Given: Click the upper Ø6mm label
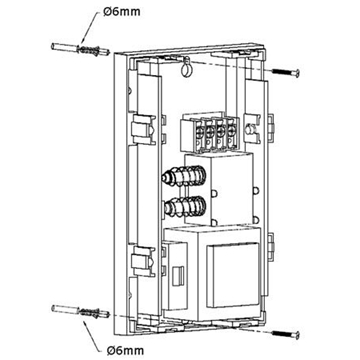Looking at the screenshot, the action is click(x=122, y=12).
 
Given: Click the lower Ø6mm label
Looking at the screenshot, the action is click(x=126, y=350).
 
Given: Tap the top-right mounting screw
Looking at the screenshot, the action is click(x=286, y=71).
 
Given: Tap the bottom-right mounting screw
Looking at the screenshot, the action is click(x=286, y=333).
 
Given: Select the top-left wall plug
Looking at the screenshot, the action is click(x=80, y=49).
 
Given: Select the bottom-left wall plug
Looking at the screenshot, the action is click(x=80, y=311).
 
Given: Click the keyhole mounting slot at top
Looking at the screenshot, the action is click(x=186, y=68).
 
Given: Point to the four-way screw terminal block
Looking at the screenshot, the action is click(x=210, y=133).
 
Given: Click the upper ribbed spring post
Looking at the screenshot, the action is click(x=184, y=176).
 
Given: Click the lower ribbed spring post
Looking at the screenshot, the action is click(x=184, y=207).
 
